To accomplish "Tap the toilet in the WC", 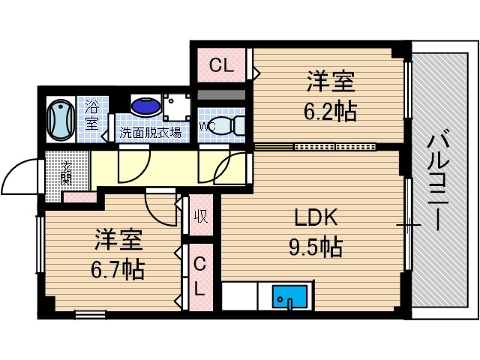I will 232,124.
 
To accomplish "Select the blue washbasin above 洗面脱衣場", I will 145,106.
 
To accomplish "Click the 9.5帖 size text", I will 316,246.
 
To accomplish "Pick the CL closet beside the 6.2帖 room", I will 221,66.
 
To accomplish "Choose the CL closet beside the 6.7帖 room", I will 199,275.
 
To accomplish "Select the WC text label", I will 207,126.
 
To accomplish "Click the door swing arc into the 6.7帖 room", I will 161,209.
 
